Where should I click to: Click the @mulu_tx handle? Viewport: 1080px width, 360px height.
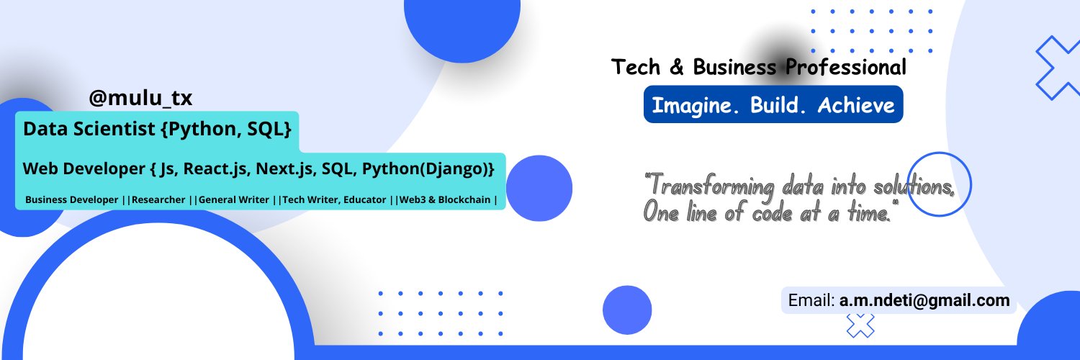click(x=140, y=98)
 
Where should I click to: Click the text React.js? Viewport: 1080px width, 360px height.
click(x=215, y=169)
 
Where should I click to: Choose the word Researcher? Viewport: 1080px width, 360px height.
click(x=158, y=199)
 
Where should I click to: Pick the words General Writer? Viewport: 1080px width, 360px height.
click(x=234, y=199)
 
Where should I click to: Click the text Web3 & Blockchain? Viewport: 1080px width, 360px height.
click(x=445, y=199)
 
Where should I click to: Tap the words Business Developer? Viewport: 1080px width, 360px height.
click(x=72, y=199)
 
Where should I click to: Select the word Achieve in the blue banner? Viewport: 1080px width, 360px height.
click(x=856, y=105)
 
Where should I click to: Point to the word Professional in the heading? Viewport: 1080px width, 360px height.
click(x=846, y=67)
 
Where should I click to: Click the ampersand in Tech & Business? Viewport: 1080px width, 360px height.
click(x=677, y=67)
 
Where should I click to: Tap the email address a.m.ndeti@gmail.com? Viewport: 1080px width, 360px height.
click(x=924, y=300)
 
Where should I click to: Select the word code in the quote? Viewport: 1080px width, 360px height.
click(x=773, y=212)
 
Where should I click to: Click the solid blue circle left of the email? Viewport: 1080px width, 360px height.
click(x=627, y=310)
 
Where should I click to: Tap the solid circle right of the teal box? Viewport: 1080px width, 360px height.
click(x=539, y=188)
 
